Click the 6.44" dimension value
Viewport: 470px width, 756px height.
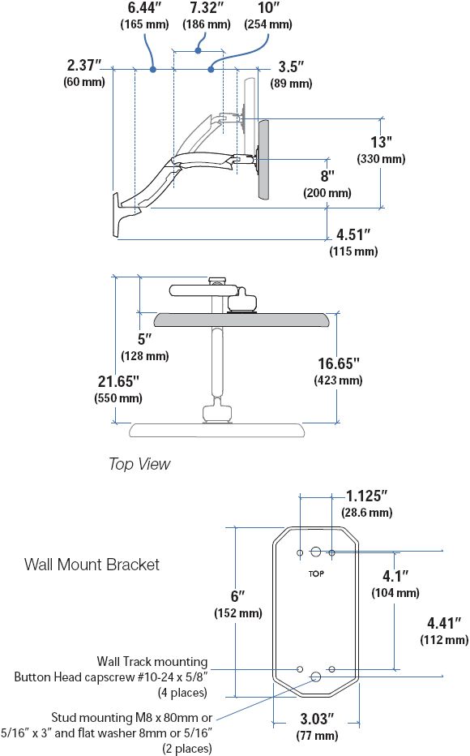coord(144,8)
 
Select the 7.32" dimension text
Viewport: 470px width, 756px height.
coord(206,8)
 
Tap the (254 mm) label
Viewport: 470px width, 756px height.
coord(268,24)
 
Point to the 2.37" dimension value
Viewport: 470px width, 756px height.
coord(84,65)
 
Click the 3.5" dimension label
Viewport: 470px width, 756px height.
coord(291,67)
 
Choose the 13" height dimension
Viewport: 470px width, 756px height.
coord(381,142)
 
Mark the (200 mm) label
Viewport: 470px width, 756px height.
coord(327,193)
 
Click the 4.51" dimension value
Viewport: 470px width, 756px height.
coord(353,234)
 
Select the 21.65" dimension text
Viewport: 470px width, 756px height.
coord(118,381)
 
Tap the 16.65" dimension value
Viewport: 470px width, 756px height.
coord(339,363)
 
